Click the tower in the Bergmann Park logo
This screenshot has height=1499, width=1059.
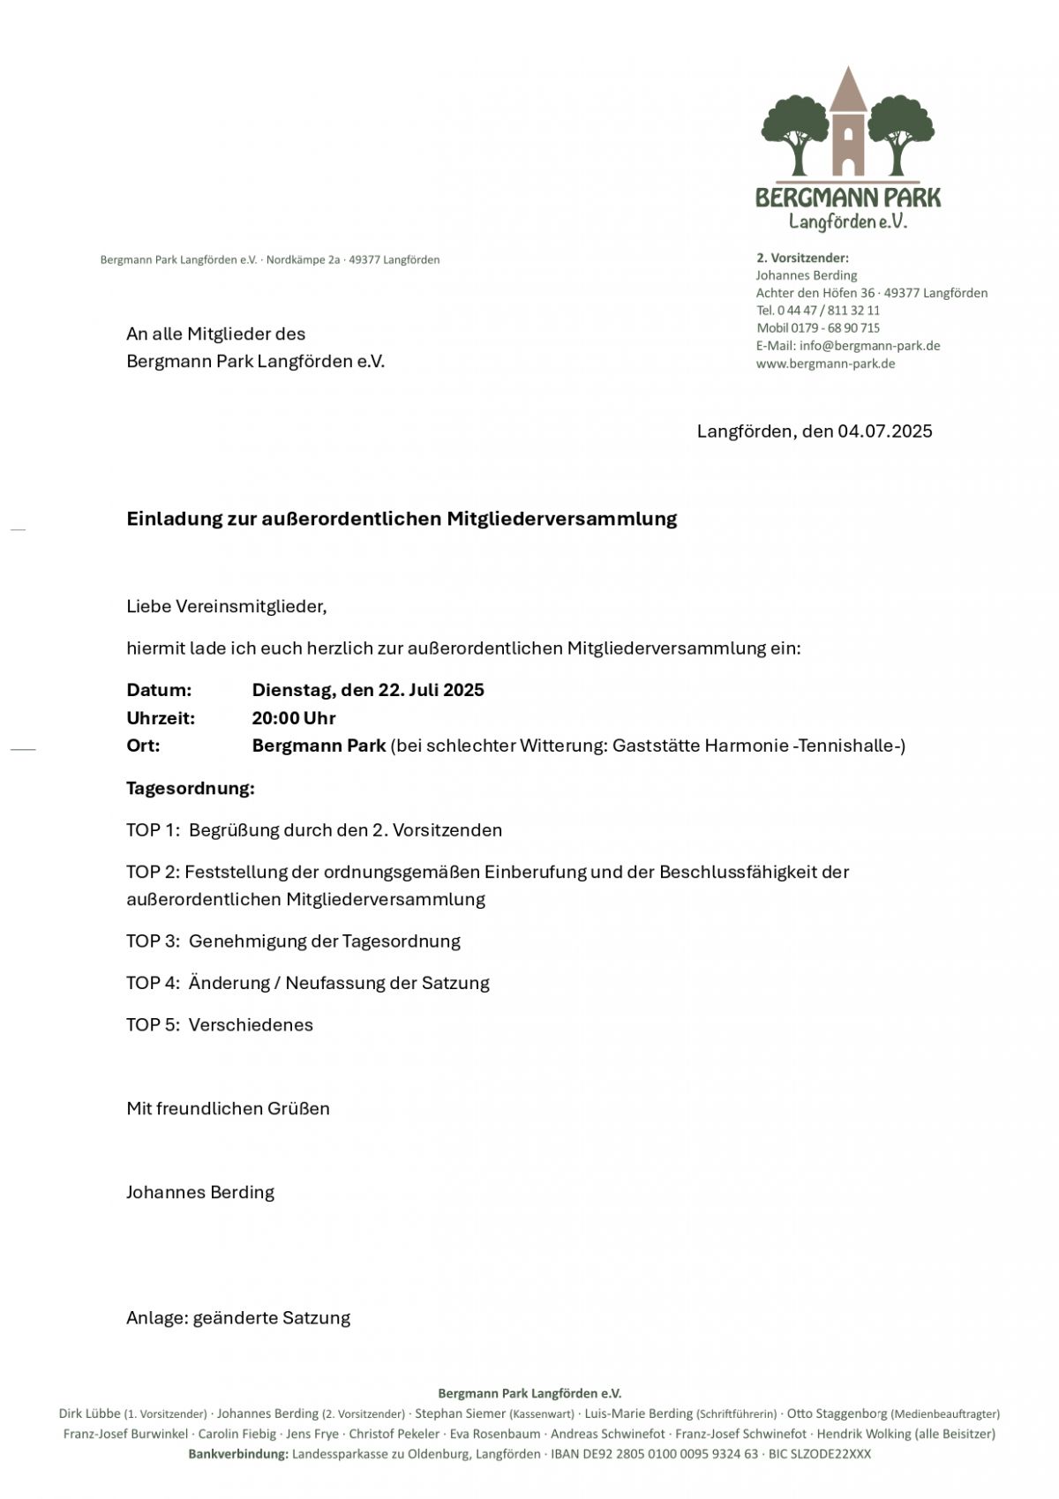(848, 128)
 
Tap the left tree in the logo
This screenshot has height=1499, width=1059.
(796, 132)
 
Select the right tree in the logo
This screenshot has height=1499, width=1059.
(900, 132)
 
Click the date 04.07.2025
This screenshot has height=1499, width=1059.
(884, 431)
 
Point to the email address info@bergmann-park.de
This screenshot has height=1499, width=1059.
(869, 346)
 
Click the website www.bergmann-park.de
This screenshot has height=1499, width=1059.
(825, 364)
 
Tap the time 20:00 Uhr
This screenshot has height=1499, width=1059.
(294, 718)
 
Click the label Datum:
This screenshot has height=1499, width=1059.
(159, 690)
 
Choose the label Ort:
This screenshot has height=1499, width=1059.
(143, 746)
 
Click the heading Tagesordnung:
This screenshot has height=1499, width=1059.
(191, 788)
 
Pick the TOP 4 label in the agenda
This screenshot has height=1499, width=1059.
(153, 983)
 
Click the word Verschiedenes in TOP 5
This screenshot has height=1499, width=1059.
(251, 1025)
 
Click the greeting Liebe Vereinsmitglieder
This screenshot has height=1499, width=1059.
(226, 606)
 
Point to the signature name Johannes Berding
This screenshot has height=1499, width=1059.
(200, 1193)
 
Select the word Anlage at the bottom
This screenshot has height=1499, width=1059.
(155, 1318)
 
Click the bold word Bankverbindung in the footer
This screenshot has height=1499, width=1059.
(238, 1454)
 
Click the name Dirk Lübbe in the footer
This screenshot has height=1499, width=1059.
(89, 1413)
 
